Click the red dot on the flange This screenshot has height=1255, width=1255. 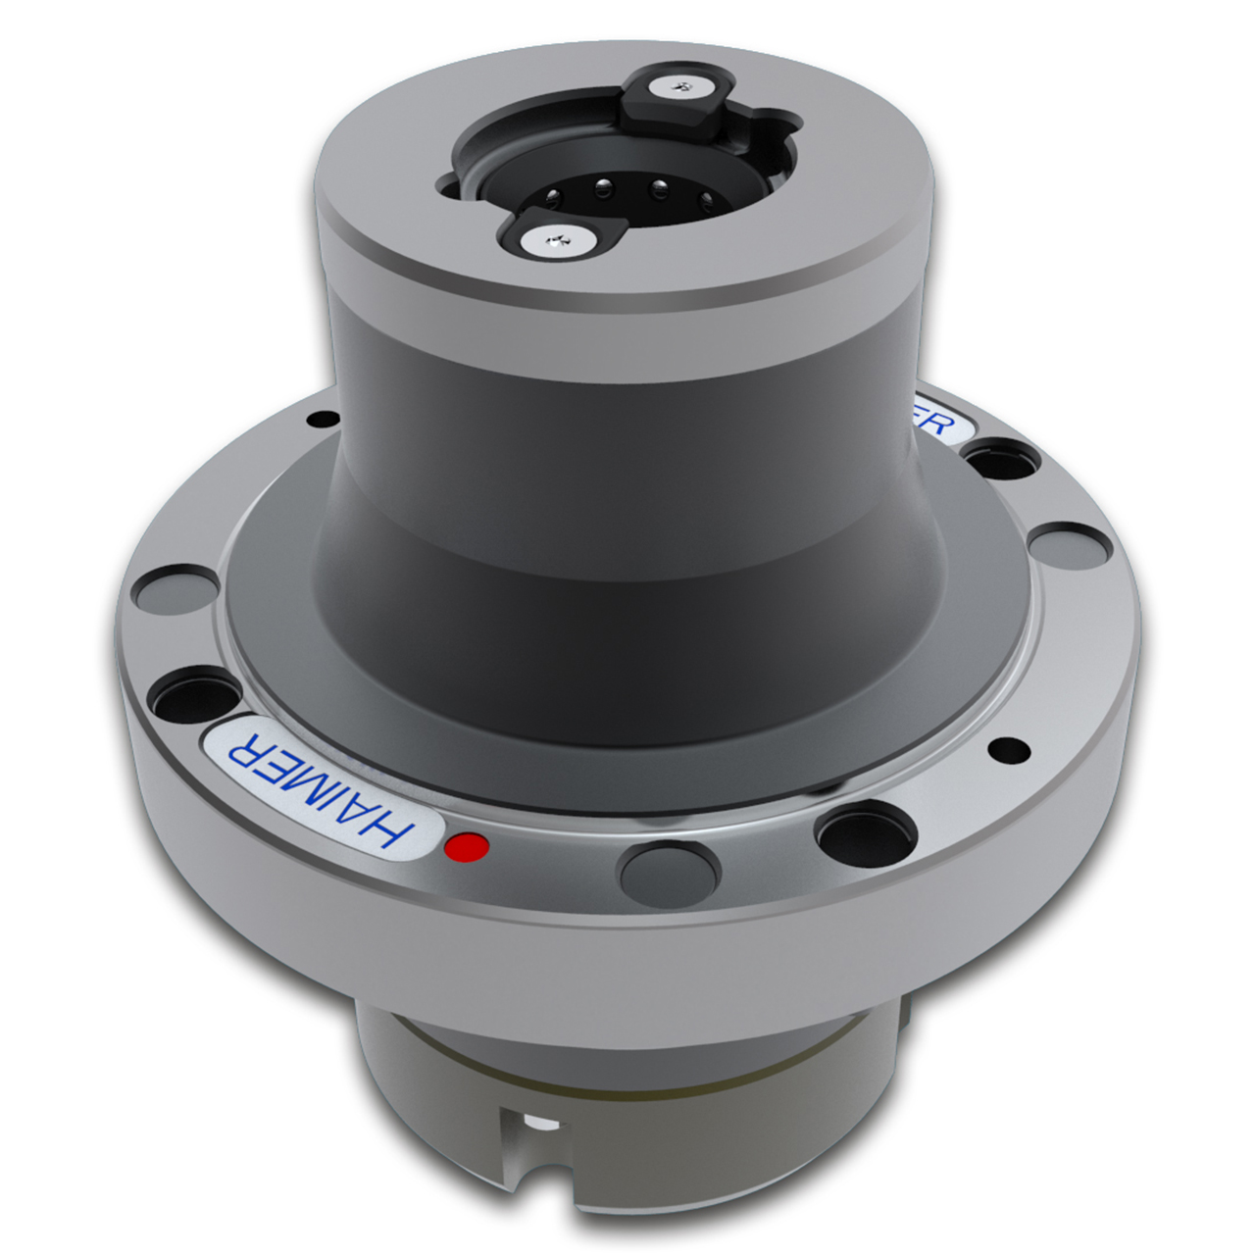click(466, 847)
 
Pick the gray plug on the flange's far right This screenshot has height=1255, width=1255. click(1072, 541)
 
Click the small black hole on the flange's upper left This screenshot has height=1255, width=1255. click(319, 421)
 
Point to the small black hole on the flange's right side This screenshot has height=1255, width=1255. click(1009, 751)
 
